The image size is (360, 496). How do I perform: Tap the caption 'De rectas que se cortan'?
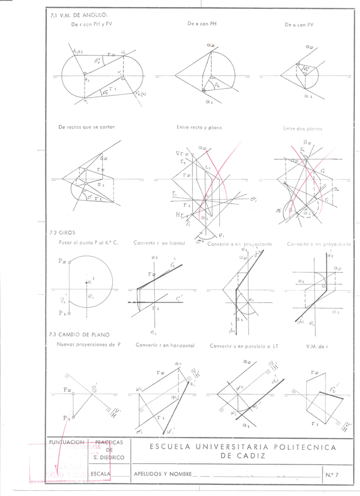(84, 127)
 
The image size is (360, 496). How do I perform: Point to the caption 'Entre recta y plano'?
(199, 127)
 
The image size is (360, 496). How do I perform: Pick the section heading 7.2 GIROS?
(63, 232)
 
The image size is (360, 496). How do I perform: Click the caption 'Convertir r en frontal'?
(158, 242)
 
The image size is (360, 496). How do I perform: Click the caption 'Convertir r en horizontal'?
(164, 345)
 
